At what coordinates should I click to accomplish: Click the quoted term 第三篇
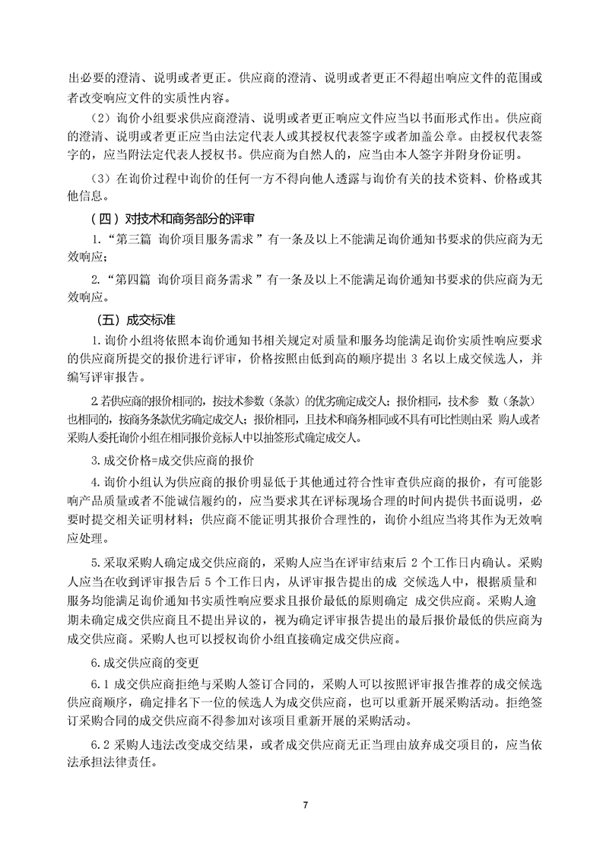[132, 239]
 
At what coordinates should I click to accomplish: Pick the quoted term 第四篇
[132, 279]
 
